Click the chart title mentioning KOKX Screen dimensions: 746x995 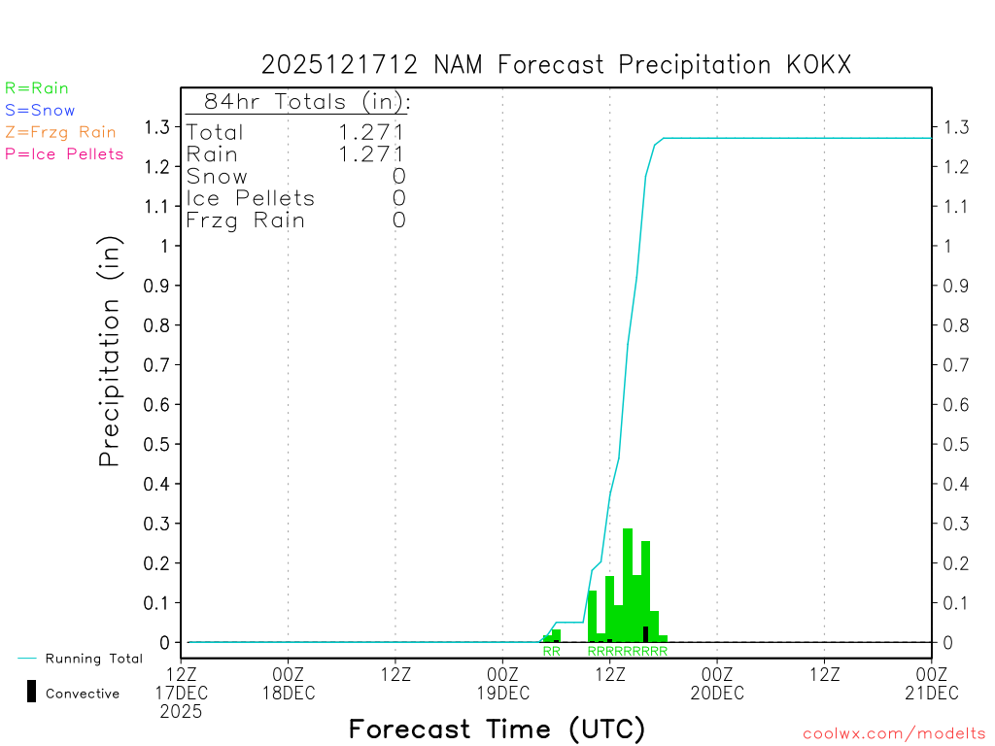pyautogui.click(x=556, y=65)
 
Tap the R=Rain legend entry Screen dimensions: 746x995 pyautogui.click(x=37, y=88)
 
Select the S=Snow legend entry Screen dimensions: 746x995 pyautogui.click(x=40, y=111)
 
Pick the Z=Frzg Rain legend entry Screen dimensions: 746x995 pyautogui.click(x=60, y=132)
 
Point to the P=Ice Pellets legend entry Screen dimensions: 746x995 pyautogui.click(x=64, y=153)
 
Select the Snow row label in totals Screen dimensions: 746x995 pyautogui.click(x=216, y=177)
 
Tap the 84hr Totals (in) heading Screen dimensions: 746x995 pyautogui.click(x=306, y=102)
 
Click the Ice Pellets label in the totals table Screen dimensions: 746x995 pyautogui.click(x=251, y=198)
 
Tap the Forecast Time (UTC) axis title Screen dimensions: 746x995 pyautogui.click(x=497, y=729)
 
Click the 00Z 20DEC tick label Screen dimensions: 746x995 pyautogui.click(x=717, y=683)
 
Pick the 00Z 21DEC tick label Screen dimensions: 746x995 pyautogui.click(x=931, y=683)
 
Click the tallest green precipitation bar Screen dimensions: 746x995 pyautogui.click(x=628, y=583)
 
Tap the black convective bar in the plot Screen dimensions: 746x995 pyautogui.click(x=646, y=634)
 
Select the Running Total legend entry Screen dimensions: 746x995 pyautogui.click(x=93, y=659)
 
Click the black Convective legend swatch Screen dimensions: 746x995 pyautogui.click(x=31, y=692)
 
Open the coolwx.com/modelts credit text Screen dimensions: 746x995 pyautogui.click(x=894, y=734)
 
